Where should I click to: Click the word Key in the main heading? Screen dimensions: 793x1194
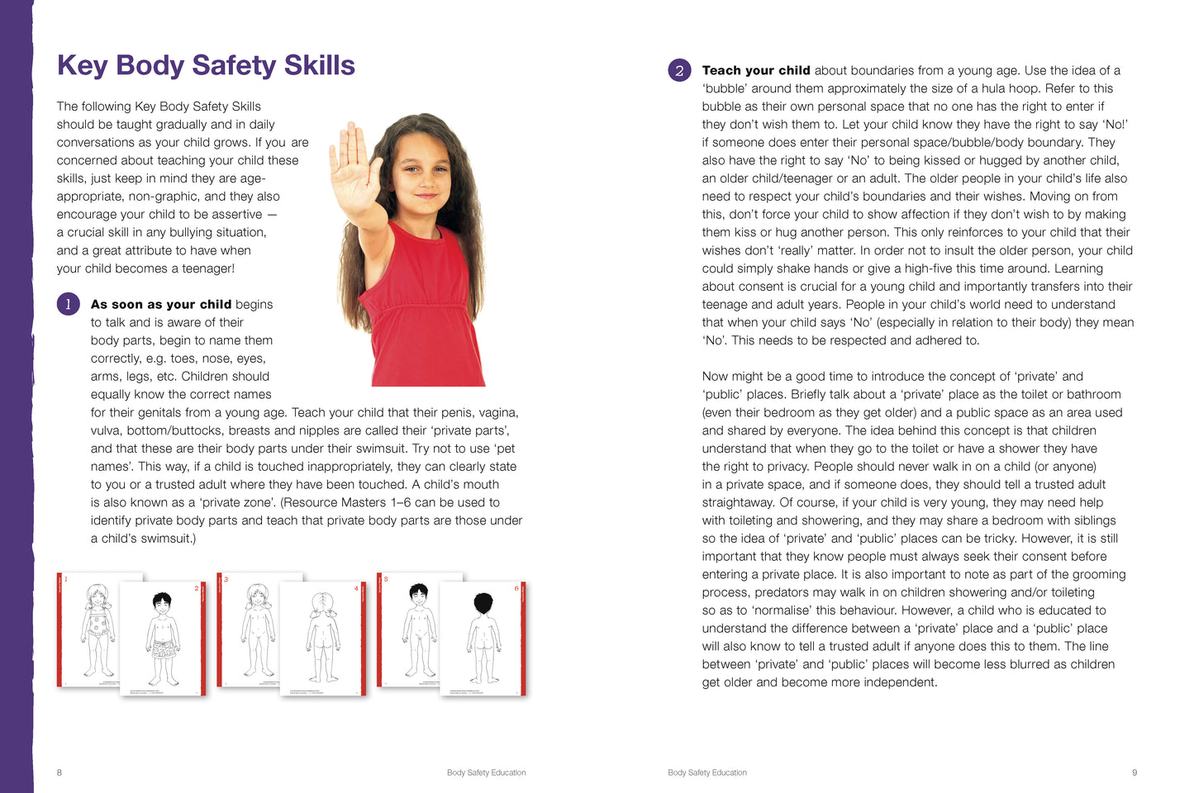pyautogui.click(x=82, y=65)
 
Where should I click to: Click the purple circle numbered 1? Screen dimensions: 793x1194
pyautogui.click(x=68, y=304)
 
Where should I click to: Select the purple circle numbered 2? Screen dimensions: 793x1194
pyautogui.click(x=679, y=70)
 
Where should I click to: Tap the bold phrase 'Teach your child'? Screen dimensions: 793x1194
pyautogui.click(x=755, y=70)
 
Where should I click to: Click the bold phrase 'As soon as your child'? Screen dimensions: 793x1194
pyautogui.click(x=160, y=304)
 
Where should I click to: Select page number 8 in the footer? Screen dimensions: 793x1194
pyautogui.click(x=59, y=772)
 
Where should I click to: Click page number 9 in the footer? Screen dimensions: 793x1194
pyautogui.click(x=1135, y=772)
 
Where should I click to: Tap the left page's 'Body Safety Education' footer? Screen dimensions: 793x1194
pyautogui.click(x=486, y=772)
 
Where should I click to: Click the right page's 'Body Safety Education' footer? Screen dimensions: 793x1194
pyautogui.click(x=707, y=772)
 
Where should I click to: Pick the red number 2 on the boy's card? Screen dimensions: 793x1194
pyautogui.click(x=197, y=588)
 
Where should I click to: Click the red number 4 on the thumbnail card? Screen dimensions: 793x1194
pyautogui.click(x=356, y=588)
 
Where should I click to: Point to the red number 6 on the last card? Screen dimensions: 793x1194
pyautogui.click(x=516, y=588)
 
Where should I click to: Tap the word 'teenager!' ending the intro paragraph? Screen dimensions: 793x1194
pyautogui.click(x=206, y=268)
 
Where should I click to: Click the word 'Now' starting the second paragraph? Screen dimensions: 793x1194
pyautogui.click(x=716, y=376)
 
